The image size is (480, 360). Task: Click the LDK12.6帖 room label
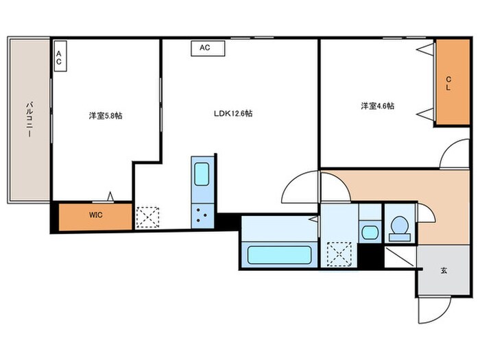(x=232, y=113)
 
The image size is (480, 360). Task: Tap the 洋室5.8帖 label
(x=105, y=116)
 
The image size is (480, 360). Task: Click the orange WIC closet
(x=95, y=215)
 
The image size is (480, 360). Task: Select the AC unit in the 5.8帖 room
(x=60, y=58)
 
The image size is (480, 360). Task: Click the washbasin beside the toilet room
(x=369, y=231)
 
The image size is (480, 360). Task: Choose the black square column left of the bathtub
(x=226, y=223)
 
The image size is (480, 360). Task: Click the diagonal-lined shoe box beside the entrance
(x=400, y=258)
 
